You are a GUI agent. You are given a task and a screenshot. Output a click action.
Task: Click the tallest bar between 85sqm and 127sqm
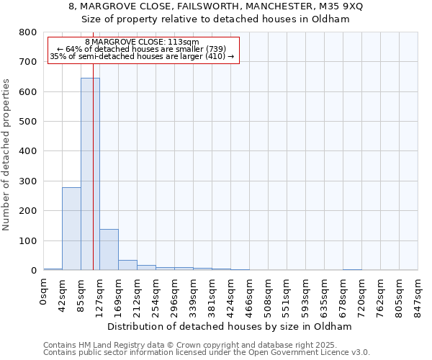90,174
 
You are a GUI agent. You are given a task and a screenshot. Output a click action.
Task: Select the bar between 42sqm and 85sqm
71,229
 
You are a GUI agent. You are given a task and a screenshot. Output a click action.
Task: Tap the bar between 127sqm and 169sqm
109,250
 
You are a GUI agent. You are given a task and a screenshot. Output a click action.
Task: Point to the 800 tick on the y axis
27,32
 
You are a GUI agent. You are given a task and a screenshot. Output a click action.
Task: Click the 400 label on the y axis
27,151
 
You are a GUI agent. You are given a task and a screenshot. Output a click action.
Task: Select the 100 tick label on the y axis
27,240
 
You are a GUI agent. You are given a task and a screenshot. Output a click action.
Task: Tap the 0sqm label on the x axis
44,291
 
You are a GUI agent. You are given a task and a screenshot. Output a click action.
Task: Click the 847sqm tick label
418,295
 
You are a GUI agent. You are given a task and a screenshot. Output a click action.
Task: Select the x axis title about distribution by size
233,326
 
